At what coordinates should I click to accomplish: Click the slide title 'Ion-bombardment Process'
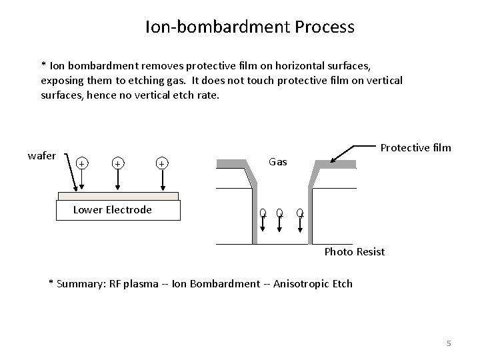(x=249, y=27)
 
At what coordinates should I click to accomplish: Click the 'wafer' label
(x=41, y=155)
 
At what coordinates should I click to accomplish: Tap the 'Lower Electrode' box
(x=119, y=210)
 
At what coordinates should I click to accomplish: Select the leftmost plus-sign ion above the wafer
(x=81, y=163)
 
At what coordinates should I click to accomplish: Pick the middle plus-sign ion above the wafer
(x=117, y=163)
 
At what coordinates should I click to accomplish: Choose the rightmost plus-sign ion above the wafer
(x=161, y=163)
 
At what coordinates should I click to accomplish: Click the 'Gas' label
(x=277, y=161)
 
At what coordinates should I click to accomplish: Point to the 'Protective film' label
(x=415, y=147)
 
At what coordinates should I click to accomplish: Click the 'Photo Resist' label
(x=354, y=252)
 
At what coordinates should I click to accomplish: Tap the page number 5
(x=449, y=343)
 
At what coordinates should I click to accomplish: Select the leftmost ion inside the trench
(x=263, y=213)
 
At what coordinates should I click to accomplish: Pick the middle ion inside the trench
(x=280, y=213)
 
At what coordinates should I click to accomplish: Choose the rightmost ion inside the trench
(x=300, y=213)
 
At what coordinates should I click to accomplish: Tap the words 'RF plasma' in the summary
(x=134, y=283)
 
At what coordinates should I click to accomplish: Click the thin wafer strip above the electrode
(x=119, y=197)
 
